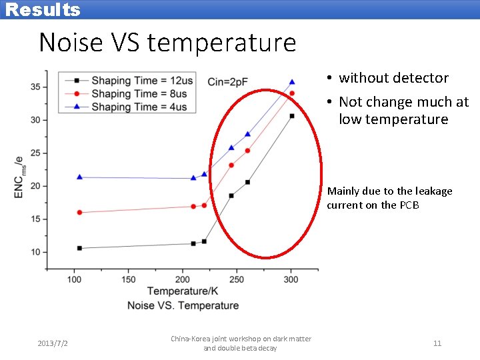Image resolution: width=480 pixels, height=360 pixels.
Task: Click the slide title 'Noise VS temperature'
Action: (167, 43)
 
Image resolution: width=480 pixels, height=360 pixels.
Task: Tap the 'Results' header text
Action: (43, 10)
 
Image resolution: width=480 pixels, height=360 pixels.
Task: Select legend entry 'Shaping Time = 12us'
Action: (142, 81)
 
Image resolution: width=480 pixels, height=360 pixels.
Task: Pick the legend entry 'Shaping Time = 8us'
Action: (139, 94)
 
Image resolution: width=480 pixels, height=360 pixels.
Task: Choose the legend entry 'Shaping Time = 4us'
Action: (139, 107)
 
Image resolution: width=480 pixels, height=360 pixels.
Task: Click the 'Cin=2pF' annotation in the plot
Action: (228, 82)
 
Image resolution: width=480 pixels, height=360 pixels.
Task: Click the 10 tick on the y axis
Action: (35, 252)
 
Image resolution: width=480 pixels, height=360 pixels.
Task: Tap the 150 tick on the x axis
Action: (129, 280)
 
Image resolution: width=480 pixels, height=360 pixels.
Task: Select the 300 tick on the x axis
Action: (291, 280)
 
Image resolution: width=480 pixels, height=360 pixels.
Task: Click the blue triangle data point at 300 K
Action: (292, 82)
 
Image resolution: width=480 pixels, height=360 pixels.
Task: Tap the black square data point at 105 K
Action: (79, 248)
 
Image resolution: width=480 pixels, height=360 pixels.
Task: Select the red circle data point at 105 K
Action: (79, 213)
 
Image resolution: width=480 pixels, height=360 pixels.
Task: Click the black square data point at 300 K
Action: (292, 116)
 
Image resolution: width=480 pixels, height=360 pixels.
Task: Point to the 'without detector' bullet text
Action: (393, 78)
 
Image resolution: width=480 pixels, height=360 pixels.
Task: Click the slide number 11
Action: (437, 343)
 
